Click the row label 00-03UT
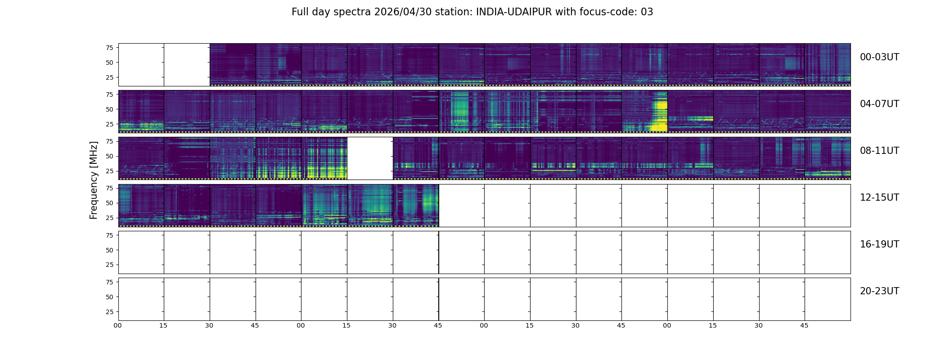coord(879,57)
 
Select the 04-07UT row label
coord(879,104)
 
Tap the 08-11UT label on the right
coord(879,151)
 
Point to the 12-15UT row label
coord(879,198)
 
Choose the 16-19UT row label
coord(879,244)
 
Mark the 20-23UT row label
coord(879,291)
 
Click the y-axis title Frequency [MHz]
coord(94,180)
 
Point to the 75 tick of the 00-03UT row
coord(109,48)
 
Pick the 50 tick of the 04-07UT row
coord(109,109)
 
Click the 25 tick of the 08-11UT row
coord(109,171)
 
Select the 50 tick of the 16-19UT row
coord(109,250)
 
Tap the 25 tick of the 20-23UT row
coord(109,312)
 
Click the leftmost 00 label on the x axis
coord(118,325)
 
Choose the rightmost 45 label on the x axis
coord(804,325)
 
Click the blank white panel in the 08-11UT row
coord(370,158)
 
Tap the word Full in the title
coord(299,12)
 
